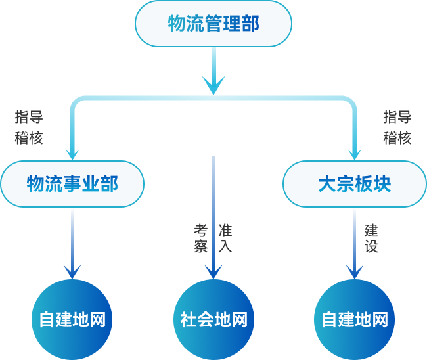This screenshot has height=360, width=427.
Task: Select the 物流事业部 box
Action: pyautogui.click(x=72, y=184)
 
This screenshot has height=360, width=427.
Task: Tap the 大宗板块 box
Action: pyautogui.click(x=355, y=184)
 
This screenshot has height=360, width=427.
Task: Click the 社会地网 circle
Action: pyautogui.click(x=213, y=320)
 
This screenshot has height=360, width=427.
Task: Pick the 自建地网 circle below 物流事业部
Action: pyautogui.click(x=72, y=320)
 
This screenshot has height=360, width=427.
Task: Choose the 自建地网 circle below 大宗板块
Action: pyautogui.click(x=355, y=320)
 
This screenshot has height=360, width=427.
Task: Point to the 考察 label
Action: pyautogui.click(x=200, y=238)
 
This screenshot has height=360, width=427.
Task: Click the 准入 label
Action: pyautogui.click(x=225, y=238)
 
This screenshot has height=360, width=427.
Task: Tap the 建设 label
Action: pyautogui.click(x=371, y=238)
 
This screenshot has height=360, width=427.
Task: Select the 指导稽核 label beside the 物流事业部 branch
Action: pyautogui.click(x=29, y=127)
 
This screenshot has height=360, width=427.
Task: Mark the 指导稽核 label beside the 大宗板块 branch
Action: pyautogui.click(x=397, y=127)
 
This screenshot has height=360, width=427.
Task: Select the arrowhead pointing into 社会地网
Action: pyautogui.click(x=213, y=272)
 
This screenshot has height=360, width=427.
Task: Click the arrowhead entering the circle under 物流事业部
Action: pyautogui.click(x=72, y=272)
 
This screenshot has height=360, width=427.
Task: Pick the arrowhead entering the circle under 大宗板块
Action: pyautogui.click(x=355, y=272)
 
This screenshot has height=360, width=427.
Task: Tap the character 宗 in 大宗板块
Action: pyautogui.click(x=346, y=184)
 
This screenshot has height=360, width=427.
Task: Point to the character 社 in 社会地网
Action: pyautogui.click(x=189, y=320)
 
